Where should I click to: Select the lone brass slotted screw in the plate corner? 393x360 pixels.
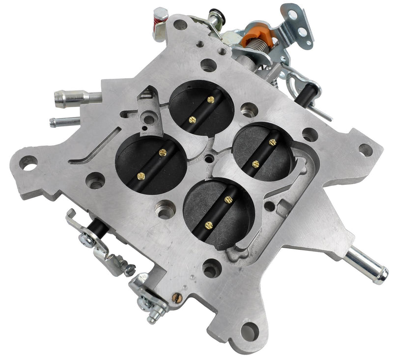click(176, 297)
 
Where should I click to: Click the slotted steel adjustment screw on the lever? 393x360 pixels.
click(130, 268)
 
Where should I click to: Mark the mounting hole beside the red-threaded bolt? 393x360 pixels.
click(180, 23)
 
